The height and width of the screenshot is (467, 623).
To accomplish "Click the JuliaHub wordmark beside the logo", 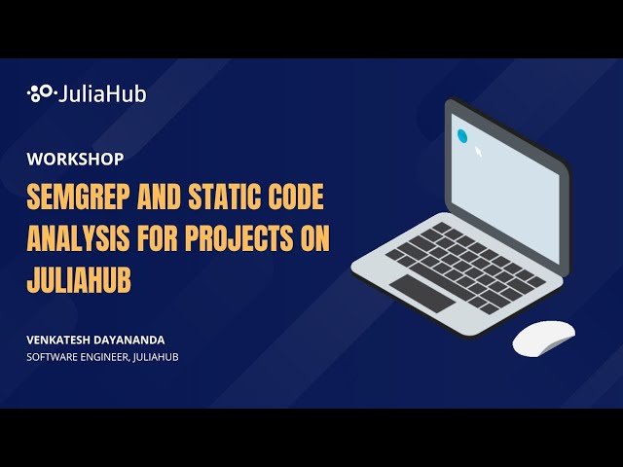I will pos(102,94).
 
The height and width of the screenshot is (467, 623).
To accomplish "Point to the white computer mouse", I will pos(543,337).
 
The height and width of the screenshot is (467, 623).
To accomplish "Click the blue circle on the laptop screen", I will pos(462,136).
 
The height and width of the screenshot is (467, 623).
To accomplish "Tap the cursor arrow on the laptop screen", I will pos(478,152).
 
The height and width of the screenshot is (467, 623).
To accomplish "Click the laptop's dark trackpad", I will pos(421,293).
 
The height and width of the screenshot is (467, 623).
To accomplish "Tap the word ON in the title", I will pos(315,237).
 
